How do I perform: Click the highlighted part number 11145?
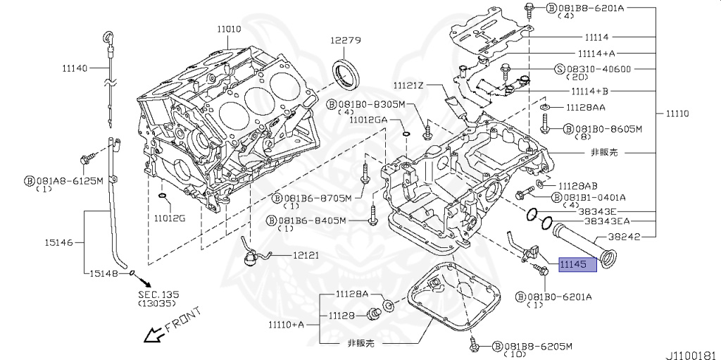pyautogui.click(x=577, y=264)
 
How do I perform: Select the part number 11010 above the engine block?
pyautogui.click(x=229, y=29)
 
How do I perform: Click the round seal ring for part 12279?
pyautogui.click(x=346, y=73)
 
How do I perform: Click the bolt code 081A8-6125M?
pyautogui.click(x=69, y=181)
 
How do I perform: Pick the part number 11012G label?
pyautogui.click(x=170, y=218)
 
